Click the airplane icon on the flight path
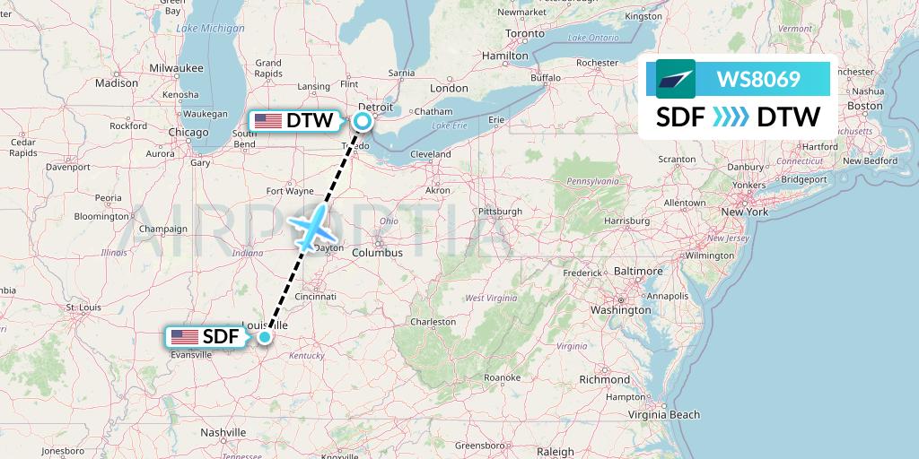311,228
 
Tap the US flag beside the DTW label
267,120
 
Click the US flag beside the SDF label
184,337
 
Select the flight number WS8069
758,79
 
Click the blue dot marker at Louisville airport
265,337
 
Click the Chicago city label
188,133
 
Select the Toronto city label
524,33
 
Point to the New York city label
745,212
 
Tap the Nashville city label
223,432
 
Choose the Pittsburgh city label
500,212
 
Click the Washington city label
620,310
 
